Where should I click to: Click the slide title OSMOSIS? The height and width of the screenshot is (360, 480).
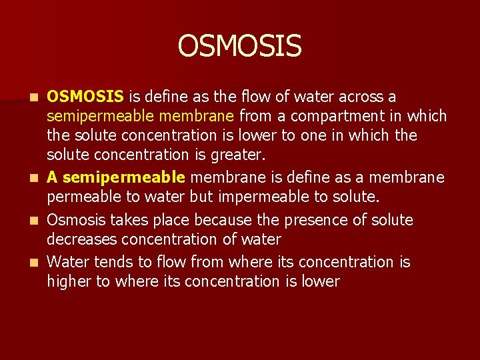coord(240,47)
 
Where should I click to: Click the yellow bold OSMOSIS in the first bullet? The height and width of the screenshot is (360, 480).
coord(85,97)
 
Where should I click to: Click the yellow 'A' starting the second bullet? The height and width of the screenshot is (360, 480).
coord(53,177)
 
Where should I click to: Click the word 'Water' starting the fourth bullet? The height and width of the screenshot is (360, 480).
coord(68,262)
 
